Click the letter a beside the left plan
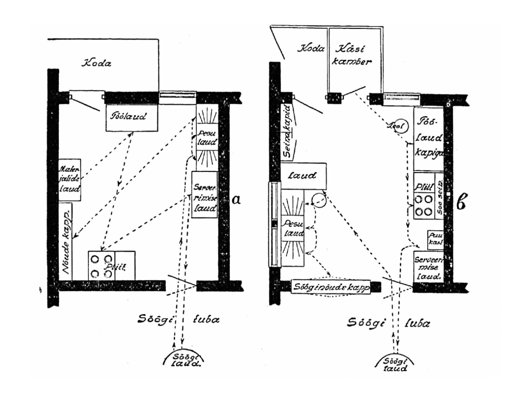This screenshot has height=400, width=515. pos(236,199)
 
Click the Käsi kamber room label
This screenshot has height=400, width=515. pos(353,55)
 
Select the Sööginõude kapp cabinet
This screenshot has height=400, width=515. pos(330,287)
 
